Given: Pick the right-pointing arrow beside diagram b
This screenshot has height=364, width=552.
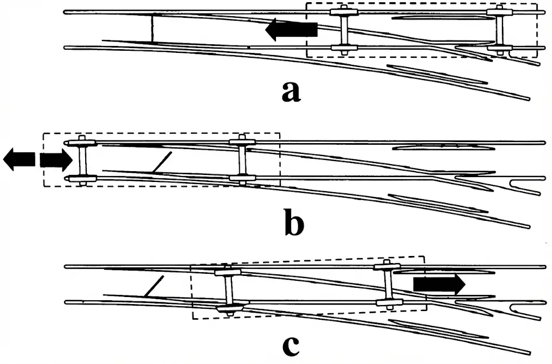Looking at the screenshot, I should (55, 160).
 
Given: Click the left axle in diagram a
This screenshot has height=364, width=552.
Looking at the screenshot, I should (343, 30).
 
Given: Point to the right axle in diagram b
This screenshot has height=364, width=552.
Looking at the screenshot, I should (241, 160).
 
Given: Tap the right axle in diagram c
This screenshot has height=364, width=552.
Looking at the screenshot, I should (387, 284).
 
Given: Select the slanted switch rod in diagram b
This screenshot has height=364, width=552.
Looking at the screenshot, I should (161, 162).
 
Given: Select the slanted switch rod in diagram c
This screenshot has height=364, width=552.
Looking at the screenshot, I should (154, 286).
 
